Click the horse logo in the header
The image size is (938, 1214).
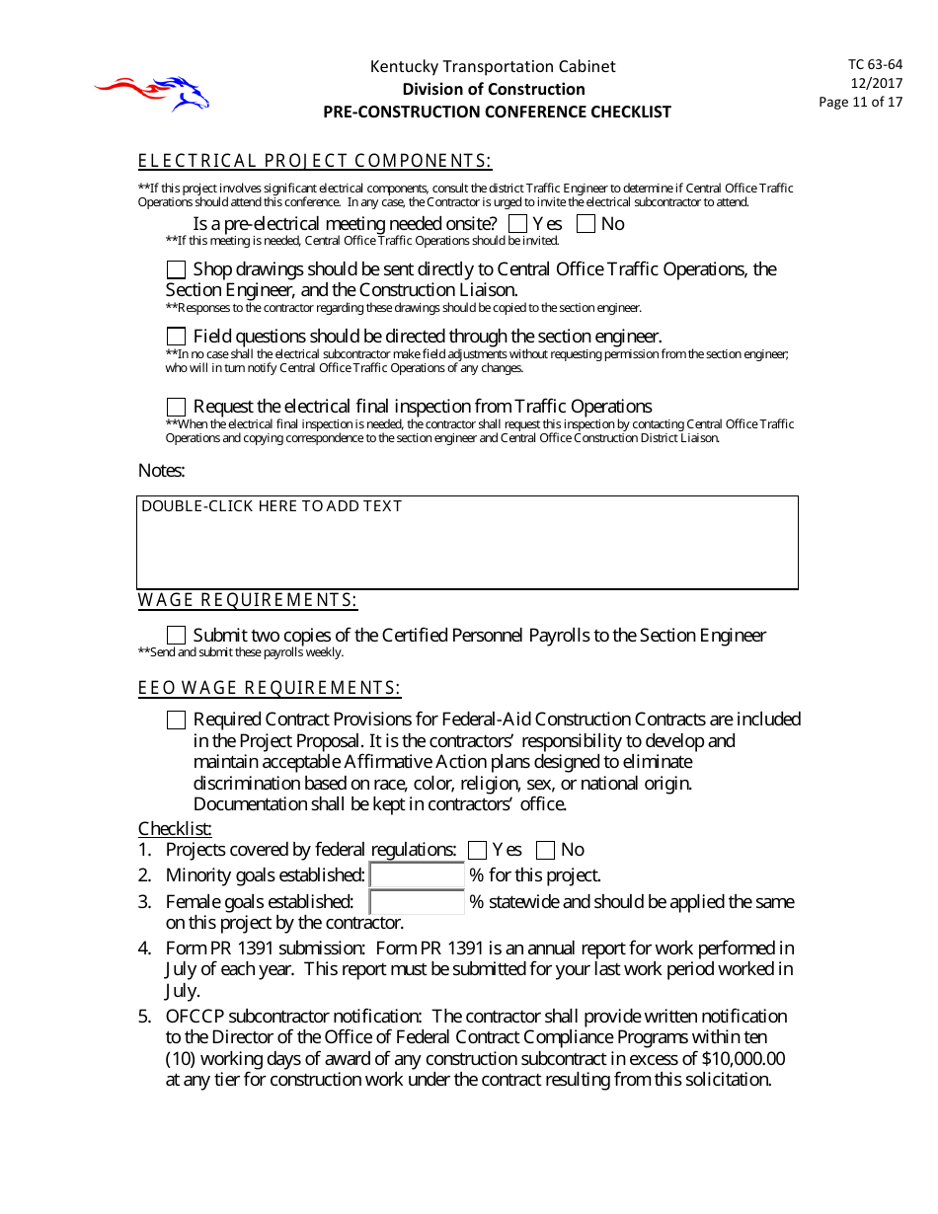coord(153,93)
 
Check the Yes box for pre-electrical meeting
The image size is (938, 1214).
coord(518,224)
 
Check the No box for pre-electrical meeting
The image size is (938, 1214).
coord(586,224)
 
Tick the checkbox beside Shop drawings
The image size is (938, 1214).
coord(176,269)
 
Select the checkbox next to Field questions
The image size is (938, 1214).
coord(176,337)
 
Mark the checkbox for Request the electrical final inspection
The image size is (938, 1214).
coord(176,407)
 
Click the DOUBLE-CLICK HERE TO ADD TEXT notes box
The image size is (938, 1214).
coord(467,543)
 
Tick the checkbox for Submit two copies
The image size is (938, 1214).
coord(176,636)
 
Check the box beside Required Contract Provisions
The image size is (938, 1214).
coord(176,721)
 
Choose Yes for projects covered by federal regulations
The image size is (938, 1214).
coord(478,850)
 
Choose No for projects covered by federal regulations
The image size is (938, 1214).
coord(546,850)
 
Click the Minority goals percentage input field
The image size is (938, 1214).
coord(417,875)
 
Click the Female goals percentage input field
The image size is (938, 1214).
coord(417,902)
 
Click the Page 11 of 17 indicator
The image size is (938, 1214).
coord(860,102)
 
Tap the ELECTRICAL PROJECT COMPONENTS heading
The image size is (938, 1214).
coord(315,162)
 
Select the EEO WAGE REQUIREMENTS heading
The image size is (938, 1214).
coord(270,689)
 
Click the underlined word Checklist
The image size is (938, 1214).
coord(175,829)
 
